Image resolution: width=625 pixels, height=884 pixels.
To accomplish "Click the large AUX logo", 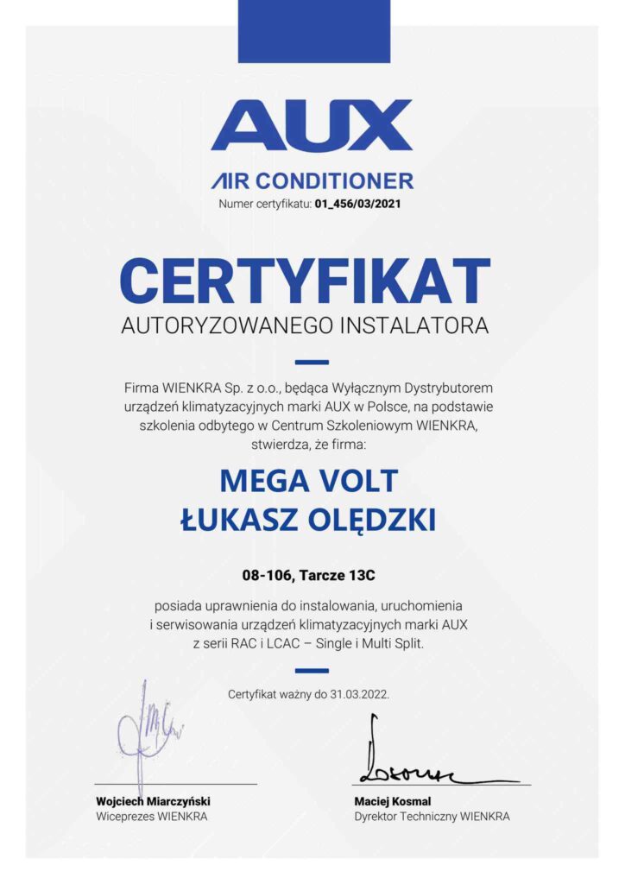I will [312, 127].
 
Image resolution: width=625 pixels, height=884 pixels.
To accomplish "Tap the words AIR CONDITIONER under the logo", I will [312, 181].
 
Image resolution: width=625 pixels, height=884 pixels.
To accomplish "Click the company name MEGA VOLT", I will [308, 479].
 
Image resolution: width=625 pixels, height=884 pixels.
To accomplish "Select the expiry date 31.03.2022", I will [360, 693].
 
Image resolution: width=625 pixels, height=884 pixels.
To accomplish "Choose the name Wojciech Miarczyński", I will [153, 801].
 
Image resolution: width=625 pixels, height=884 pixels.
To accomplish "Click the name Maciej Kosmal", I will [392, 801].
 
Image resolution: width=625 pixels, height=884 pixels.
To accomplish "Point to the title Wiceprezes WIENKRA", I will [151, 816].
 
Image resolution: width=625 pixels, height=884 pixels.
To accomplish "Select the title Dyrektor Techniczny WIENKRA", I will [432, 816].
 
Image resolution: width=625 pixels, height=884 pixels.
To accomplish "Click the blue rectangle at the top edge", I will [313, 31].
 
